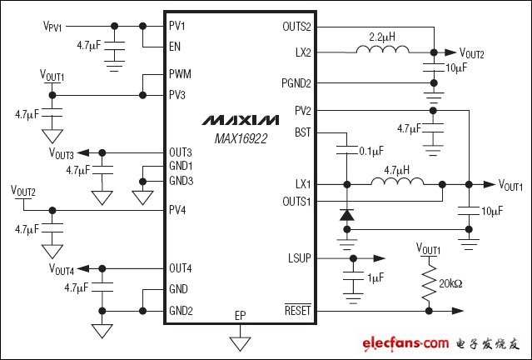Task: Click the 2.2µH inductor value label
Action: (382, 37)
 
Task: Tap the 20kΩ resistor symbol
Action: (429, 282)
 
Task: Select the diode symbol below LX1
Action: (346, 215)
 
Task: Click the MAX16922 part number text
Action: (241, 138)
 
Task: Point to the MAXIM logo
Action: (241, 120)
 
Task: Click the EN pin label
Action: (175, 47)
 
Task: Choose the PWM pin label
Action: (180, 73)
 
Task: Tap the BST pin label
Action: (303, 132)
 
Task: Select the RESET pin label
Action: (297, 310)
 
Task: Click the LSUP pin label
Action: (299, 258)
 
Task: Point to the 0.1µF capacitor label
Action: (371, 151)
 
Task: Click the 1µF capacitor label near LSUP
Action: (375, 277)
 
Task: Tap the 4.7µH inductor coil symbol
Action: (398, 182)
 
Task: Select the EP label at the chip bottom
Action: (241, 316)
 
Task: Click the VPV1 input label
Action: (52, 26)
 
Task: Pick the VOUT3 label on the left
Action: (62, 153)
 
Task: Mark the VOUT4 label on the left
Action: (62, 269)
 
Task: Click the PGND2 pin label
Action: (296, 83)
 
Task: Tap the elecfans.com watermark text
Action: (405, 343)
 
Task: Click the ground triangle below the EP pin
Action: (241, 343)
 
